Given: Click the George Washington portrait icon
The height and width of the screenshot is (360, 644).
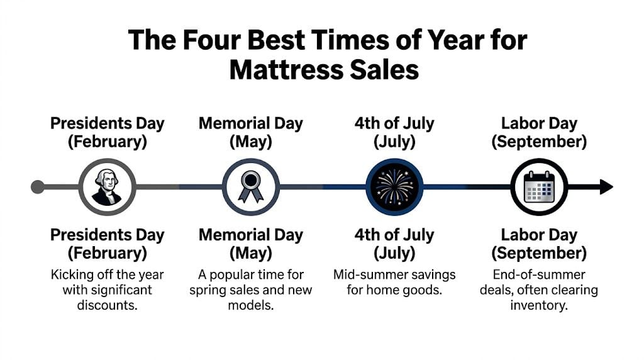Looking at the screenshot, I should [108, 187].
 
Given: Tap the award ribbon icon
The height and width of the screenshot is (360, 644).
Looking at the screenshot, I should [251, 187].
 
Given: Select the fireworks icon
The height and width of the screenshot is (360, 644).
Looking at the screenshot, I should [394, 187].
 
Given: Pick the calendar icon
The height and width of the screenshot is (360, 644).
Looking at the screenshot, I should [539, 187].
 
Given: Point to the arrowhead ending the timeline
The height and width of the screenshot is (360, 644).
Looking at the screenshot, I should [606, 187].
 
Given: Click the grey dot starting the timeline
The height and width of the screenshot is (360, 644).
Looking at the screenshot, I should [38, 187].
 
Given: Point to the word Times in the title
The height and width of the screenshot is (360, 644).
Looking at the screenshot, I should [355, 40].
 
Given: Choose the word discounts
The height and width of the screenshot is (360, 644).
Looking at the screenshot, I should [108, 305].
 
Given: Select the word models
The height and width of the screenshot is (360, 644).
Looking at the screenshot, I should [251, 305].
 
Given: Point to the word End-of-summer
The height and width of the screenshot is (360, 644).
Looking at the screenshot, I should [539, 275].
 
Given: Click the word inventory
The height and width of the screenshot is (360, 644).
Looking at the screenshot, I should [539, 305].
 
